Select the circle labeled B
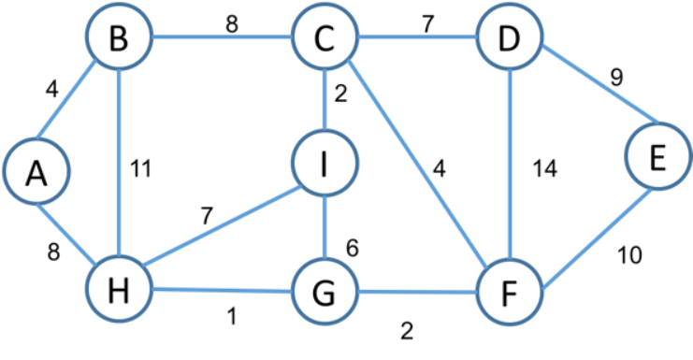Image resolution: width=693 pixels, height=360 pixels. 119,40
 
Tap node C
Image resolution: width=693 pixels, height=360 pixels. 325,40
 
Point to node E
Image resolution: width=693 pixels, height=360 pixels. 657,160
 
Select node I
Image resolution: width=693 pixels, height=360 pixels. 325,165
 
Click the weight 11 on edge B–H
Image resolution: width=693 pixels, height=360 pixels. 141,169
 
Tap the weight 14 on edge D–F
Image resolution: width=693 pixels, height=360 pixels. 545,170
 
